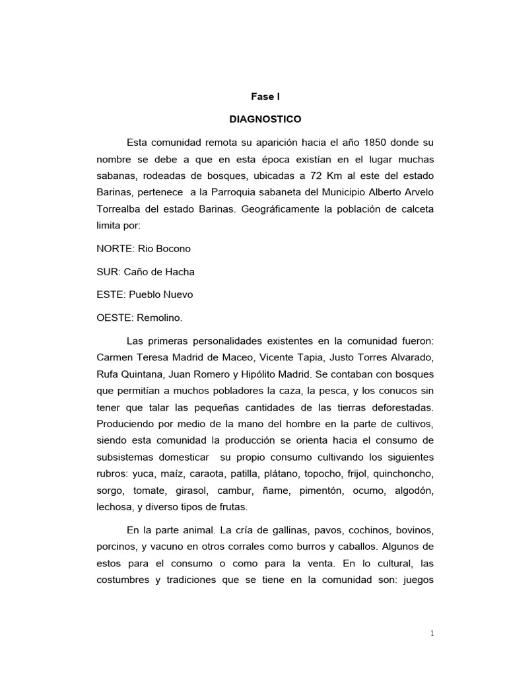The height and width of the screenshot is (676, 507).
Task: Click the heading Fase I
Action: click(265, 96)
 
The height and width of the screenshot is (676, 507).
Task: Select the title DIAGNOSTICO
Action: click(265, 119)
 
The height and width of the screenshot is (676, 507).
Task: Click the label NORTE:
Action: click(116, 248)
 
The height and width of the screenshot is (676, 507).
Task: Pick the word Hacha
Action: click(180, 271)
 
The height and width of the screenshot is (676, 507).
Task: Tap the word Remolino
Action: click(159, 318)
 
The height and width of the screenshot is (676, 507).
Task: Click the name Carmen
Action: click(114, 357)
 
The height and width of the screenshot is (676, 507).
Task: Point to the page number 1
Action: click(432, 633)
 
